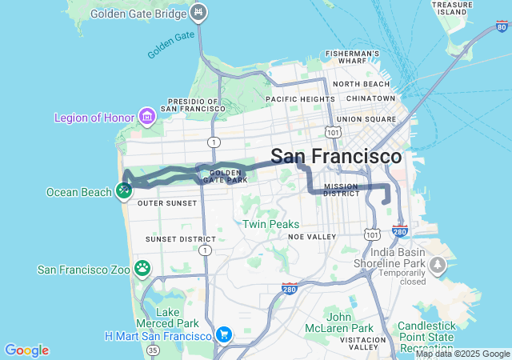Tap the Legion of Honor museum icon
click(x=146, y=118)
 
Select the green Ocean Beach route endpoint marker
click(x=123, y=190)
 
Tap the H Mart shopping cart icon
click(x=224, y=334)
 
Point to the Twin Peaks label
click(x=271, y=225)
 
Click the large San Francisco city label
click(x=336, y=156)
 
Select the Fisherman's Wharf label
click(x=352, y=57)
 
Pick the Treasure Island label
click(x=453, y=8)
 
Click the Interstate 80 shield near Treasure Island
click(x=502, y=26)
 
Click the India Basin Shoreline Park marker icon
click(x=438, y=264)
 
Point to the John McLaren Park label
click(x=338, y=322)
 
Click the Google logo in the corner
click(x=26, y=350)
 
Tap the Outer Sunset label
click(x=167, y=203)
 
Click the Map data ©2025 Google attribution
click(x=462, y=354)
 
